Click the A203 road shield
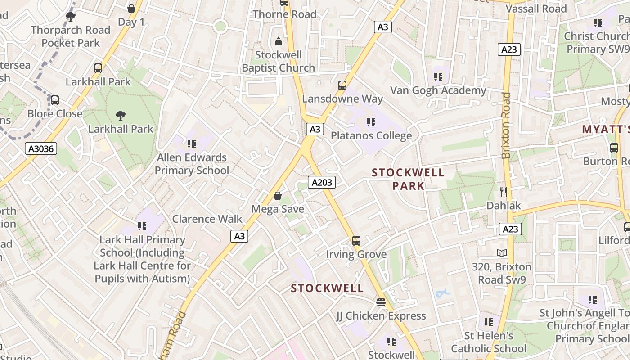[x=322, y=182]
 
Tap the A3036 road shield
[x=41, y=148]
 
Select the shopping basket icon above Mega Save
[x=278, y=196]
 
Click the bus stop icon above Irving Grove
[x=356, y=241]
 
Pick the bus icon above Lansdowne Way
[x=342, y=85]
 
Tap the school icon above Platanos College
[x=371, y=122]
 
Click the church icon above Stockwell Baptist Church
[x=279, y=42]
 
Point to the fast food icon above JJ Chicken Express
[x=381, y=302]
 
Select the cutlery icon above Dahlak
[x=504, y=192]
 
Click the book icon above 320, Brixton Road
[x=502, y=253]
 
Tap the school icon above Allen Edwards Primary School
[x=192, y=144]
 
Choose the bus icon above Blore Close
[x=55, y=100]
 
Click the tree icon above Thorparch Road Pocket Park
[x=70, y=17]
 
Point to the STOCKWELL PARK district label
[x=408, y=179]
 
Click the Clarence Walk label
[x=207, y=219]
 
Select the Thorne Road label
[x=284, y=14]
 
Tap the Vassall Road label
[x=536, y=9]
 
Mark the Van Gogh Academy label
[x=438, y=90]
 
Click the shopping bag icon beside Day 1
[x=131, y=9]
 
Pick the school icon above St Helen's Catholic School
[x=489, y=322]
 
